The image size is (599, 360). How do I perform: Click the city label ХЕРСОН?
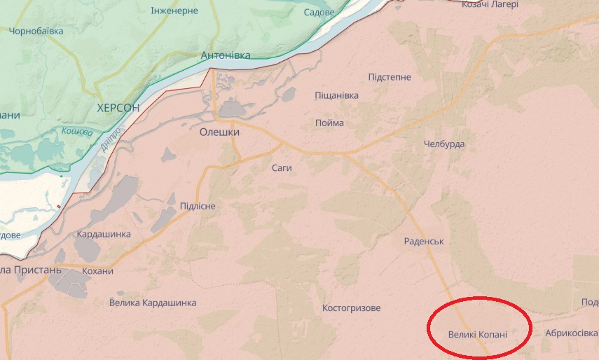coord(117,108)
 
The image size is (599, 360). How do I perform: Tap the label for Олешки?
coord(219,132)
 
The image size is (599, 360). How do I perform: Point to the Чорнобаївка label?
coord(36,31)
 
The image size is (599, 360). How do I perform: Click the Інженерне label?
coord(174,11)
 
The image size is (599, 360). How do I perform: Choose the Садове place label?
coord(319,13)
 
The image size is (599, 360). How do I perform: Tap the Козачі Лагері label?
coord(490,4)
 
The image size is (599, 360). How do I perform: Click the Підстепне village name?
coord(390,77)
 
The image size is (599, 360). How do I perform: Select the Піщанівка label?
coord(336,95)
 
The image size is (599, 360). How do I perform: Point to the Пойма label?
coord(329,123)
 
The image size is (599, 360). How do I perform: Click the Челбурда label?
coord(444,144)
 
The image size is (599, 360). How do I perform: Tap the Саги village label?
coord(281,168)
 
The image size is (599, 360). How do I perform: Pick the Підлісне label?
coord(198,206)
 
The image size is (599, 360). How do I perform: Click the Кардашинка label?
coord(104,234)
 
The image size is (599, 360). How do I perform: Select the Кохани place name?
coord(97,271)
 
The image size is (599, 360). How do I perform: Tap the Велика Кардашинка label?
coord(153,303)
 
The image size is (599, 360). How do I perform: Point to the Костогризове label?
coord(351,308)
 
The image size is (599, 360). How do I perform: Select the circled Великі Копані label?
coord(477,334)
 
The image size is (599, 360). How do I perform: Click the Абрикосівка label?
coord(571,333)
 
